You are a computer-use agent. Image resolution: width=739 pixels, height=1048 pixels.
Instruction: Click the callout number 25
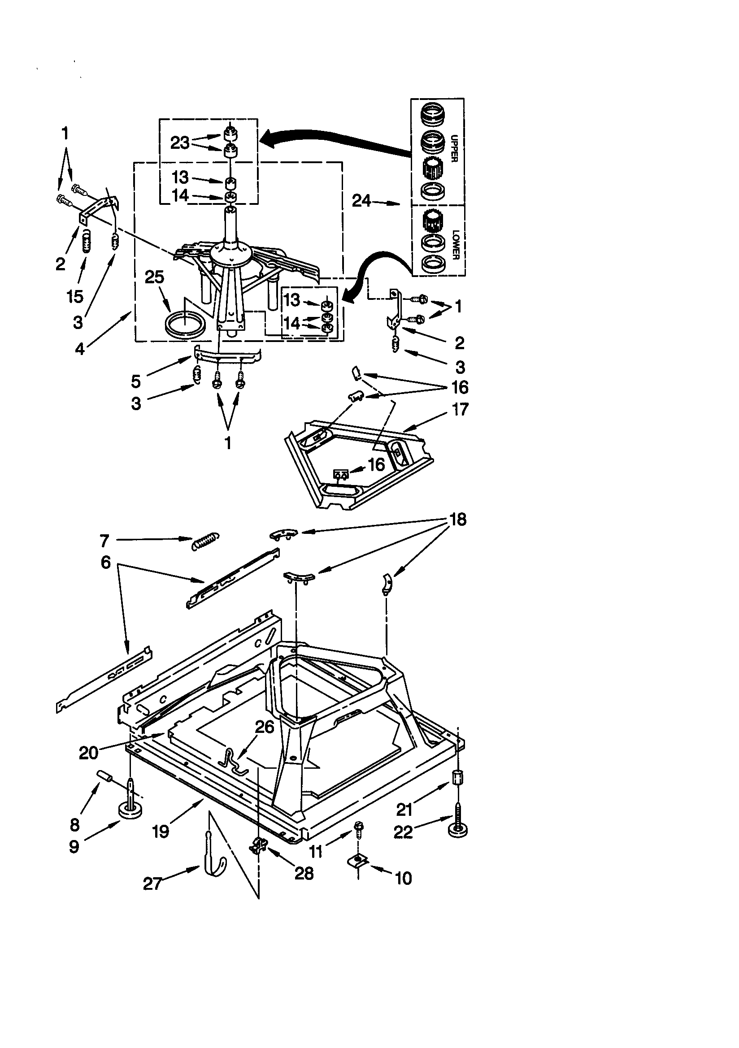click(154, 277)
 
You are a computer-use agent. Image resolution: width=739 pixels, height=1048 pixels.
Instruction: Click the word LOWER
click(455, 245)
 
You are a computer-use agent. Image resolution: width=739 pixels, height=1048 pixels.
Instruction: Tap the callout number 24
click(361, 201)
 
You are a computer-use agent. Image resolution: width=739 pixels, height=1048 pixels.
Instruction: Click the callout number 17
click(460, 409)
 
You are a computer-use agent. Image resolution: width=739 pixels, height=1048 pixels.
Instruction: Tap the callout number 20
click(89, 752)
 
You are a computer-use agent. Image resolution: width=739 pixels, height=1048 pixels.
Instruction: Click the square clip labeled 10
click(359, 861)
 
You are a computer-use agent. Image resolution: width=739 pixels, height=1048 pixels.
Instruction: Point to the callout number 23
click(179, 143)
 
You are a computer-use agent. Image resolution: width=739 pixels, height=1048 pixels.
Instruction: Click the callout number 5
click(136, 381)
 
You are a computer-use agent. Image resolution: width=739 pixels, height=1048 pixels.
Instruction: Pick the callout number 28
click(304, 873)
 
